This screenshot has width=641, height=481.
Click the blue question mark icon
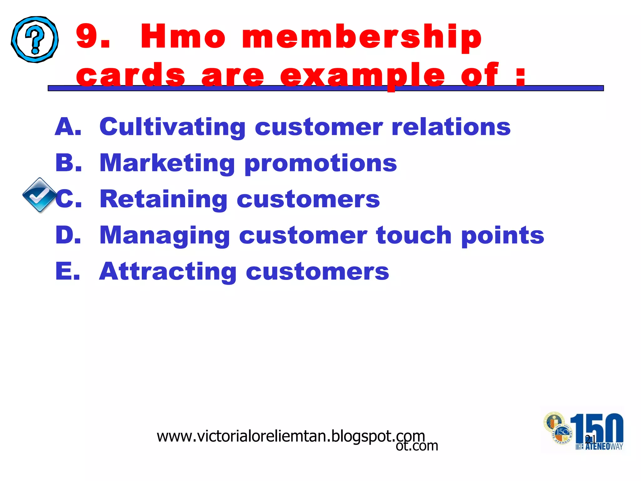click(x=35, y=39)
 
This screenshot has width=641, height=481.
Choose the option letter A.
click(x=68, y=127)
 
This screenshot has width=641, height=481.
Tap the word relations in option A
click(x=451, y=127)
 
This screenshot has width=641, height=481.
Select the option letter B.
click(x=68, y=163)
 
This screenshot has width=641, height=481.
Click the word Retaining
click(x=163, y=199)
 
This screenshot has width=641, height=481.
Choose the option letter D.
click(x=68, y=235)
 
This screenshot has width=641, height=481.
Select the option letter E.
click(x=68, y=271)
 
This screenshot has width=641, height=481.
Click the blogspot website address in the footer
click(x=291, y=436)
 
